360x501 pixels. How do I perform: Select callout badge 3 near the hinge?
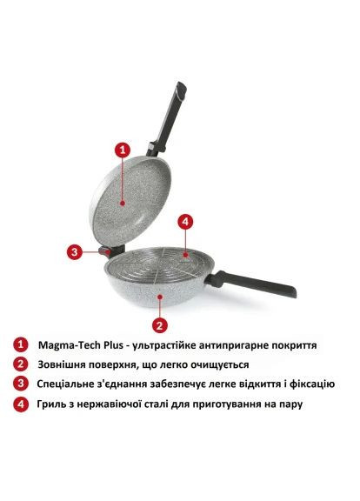[x=76, y=252]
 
